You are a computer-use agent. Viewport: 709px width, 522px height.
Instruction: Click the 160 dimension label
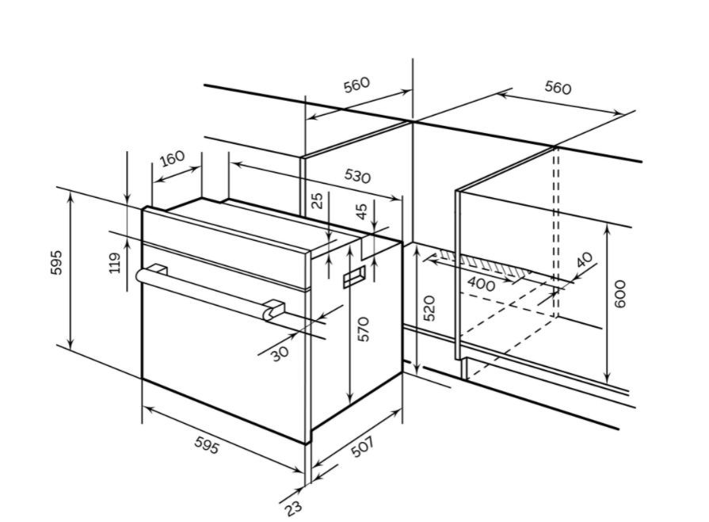click(173, 158)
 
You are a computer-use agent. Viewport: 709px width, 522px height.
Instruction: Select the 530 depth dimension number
click(357, 175)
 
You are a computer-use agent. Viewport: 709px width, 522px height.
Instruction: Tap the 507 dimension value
click(363, 447)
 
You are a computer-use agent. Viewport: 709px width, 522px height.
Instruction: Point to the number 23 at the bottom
click(293, 508)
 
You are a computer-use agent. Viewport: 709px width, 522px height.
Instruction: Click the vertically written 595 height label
click(56, 262)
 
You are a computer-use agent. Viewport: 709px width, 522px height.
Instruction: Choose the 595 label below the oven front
click(207, 445)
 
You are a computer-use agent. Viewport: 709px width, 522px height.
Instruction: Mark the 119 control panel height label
click(115, 262)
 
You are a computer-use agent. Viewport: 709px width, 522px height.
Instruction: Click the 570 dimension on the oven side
click(364, 329)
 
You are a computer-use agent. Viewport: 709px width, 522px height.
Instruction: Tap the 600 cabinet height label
click(620, 294)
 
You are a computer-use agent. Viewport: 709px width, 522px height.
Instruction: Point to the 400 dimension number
click(481, 284)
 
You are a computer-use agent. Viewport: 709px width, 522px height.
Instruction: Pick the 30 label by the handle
click(280, 353)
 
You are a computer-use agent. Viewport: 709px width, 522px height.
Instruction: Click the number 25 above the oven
click(318, 200)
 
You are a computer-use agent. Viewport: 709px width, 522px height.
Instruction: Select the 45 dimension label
click(362, 211)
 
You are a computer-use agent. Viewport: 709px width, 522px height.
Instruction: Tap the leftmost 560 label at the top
click(356, 85)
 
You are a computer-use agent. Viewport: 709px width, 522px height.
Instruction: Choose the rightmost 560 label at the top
click(558, 87)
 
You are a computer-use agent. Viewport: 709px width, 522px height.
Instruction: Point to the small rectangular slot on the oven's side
click(354, 276)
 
